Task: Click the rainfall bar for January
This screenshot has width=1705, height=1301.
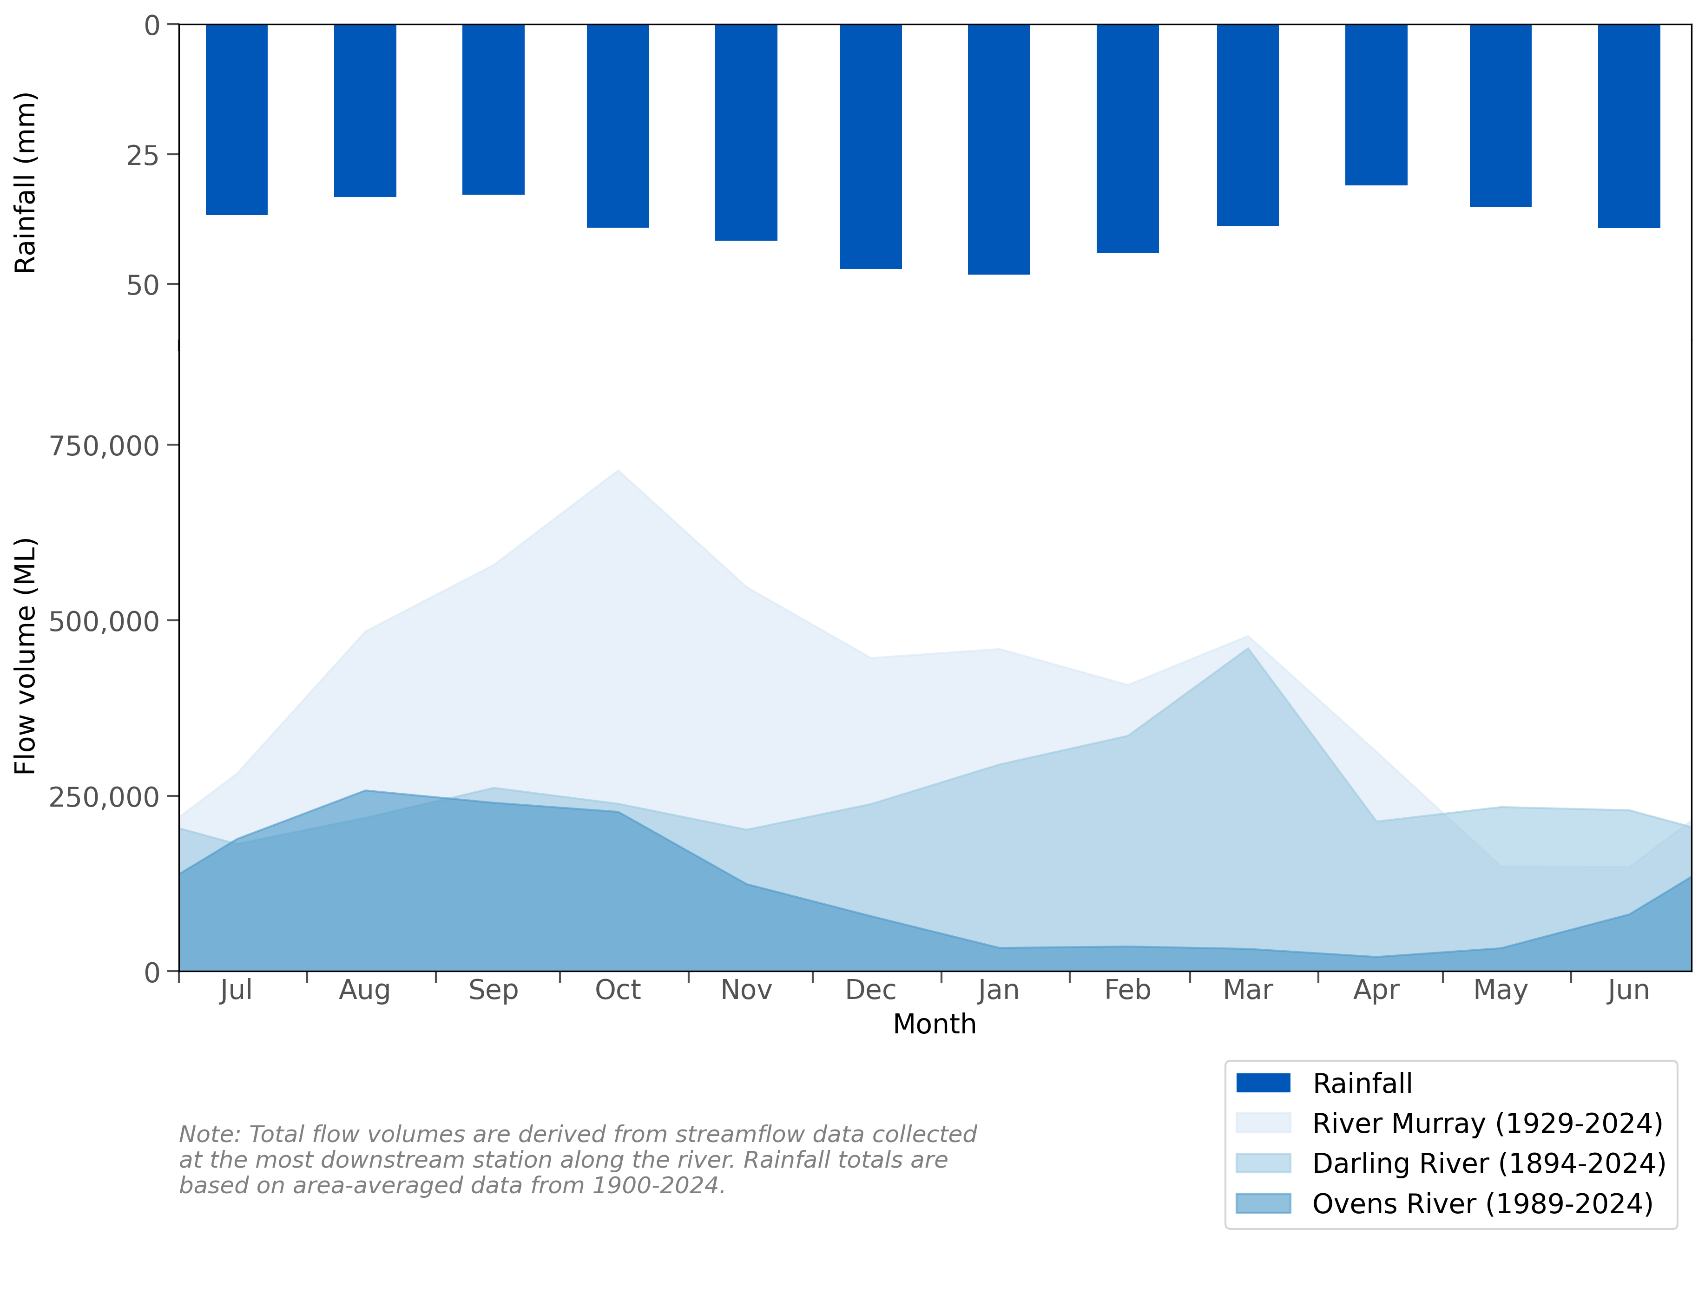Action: pos(998,150)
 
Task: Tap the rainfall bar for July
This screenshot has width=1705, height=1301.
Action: pos(236,120)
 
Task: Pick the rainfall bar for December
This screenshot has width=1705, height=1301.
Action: pos(870,147)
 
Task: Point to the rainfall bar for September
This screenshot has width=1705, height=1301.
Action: pos(493,109)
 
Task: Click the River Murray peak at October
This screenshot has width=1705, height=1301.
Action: pos(618,471)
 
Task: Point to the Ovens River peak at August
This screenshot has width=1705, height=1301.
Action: pos(365,791)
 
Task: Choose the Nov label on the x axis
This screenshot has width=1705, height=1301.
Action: pos(746,991)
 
